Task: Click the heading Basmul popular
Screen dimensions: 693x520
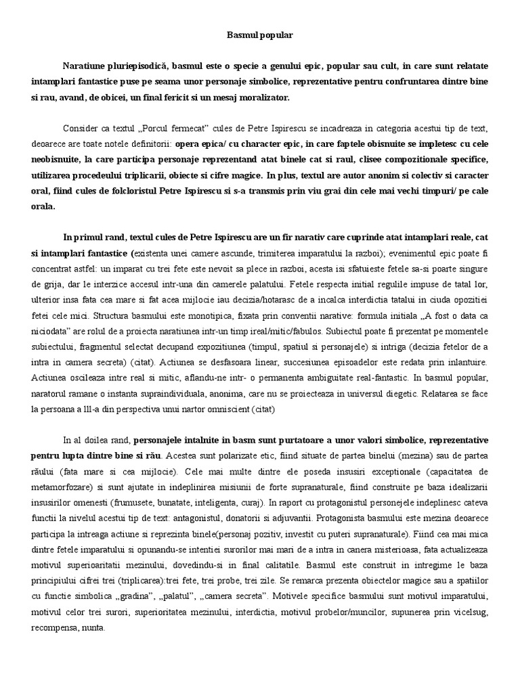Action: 259,34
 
